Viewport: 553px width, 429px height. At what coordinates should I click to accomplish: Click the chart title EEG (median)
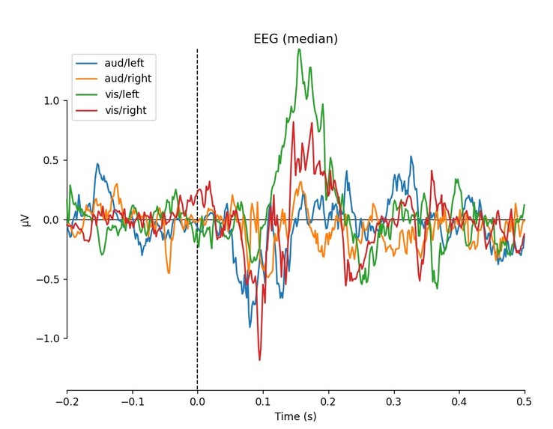point(296,39)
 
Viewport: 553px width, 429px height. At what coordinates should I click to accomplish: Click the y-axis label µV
point(27,220)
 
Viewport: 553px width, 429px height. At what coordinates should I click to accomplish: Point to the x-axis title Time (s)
point(296,416)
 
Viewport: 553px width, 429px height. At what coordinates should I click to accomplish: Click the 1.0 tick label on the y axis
point(50,101)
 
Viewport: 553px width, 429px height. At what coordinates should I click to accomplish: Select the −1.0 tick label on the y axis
point(47,338)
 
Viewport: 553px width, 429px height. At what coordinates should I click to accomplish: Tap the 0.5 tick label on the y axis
point(50,160)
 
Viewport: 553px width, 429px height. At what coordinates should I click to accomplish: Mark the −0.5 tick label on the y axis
point(47,279)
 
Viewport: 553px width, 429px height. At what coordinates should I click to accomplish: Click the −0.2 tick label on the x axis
point(67,401)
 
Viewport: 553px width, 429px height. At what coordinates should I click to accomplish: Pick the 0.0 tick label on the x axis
point(197,401)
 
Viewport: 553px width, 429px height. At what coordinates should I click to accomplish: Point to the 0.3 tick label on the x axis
point(393,401)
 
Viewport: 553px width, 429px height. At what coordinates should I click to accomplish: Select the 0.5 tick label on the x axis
point(525,401)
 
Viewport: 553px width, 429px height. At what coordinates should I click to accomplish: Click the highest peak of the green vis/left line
point(299,49)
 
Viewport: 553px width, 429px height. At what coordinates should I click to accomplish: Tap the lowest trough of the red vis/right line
point(260,360)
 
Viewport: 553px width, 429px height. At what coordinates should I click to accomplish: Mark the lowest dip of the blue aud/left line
point(250,327)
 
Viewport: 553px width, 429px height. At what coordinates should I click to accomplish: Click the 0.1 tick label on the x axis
point(263,401)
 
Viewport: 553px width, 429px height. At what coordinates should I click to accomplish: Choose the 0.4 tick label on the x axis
point(459,401)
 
